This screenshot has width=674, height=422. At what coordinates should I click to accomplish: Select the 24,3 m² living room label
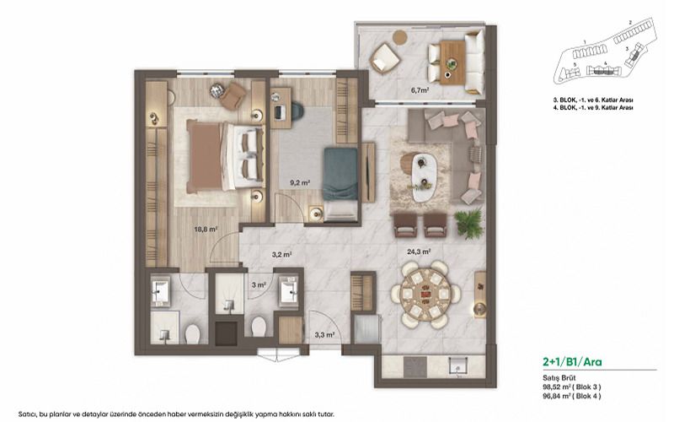[420, 251]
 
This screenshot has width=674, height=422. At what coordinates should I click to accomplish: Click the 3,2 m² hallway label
[281, 253]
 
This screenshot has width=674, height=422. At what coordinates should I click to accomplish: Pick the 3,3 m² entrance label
[324, 335]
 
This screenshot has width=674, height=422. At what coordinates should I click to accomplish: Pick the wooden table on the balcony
[451, 55]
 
